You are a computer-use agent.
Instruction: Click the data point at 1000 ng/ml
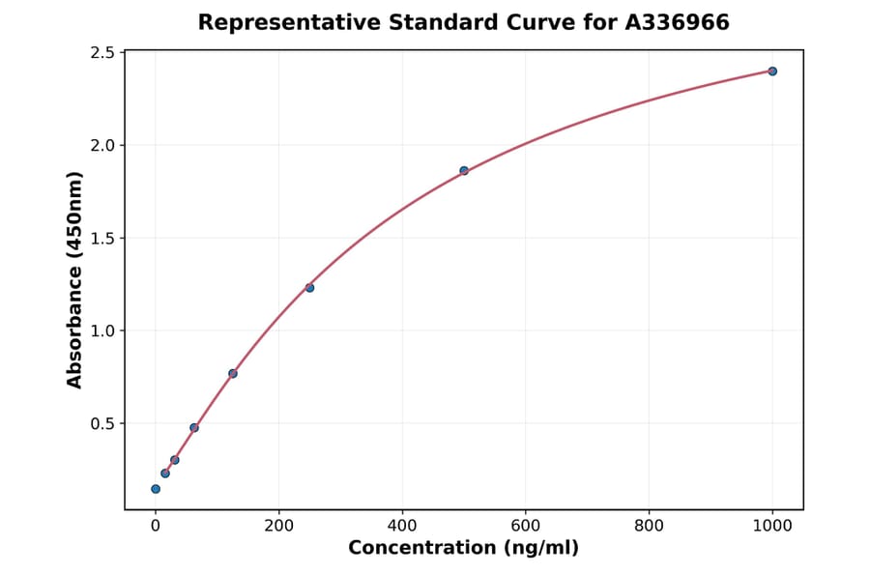772,72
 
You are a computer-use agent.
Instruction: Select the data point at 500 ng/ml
464,171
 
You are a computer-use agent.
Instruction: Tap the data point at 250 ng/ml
309,288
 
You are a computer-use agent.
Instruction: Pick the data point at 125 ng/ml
233,373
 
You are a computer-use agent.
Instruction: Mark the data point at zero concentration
156,489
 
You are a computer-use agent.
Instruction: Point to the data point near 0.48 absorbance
194,427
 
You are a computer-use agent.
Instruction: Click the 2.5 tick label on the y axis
101,52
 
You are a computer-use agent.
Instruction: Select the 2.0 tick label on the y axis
101,145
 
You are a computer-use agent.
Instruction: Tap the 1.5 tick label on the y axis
101,238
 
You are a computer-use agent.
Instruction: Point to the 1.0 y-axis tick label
101,330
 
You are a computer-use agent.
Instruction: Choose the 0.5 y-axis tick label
101,423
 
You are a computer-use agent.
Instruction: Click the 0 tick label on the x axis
156,526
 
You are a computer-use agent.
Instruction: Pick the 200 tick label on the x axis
278,526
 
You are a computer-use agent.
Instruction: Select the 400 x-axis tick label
402,526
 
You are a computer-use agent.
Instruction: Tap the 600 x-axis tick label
526,526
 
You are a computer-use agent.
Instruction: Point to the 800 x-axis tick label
649,526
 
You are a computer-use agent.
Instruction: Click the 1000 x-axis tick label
772,526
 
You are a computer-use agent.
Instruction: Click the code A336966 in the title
676,22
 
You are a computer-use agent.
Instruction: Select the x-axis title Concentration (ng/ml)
464,549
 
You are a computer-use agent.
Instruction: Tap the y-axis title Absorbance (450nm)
75,280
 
